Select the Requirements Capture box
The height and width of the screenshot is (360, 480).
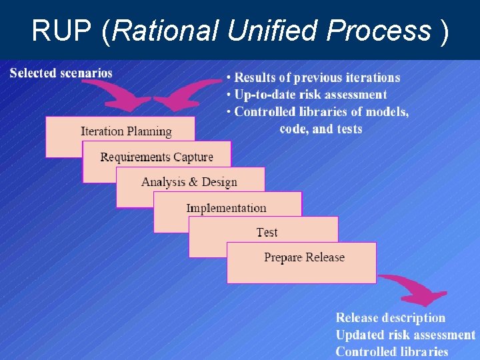pyautogui.click(x=157, y=157)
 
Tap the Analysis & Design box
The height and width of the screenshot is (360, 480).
pyautogui.click(x=189, y=181)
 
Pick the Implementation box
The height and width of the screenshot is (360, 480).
pyautogui.click(x=227, y=207)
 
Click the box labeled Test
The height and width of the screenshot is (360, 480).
pyautogui.click(x=267, y=232)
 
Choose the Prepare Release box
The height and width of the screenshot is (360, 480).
pyautogui.click(x=304, y=257)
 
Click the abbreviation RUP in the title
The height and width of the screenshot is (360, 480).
pyautogui.click(x=64, y=30)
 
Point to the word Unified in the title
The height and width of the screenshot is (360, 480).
pyautogui.click(x=275, y=30)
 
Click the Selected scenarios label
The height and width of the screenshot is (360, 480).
pyautogui.click(x=61, y=73)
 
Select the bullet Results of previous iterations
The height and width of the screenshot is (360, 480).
pyautogui.click(x=313, y=78)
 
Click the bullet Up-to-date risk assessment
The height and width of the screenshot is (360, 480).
pyautogui.click(x=307, y=95)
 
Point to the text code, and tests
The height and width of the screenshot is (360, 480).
pyautogui.click(x=321, y=129)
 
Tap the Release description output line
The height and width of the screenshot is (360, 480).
pyautogui.click(x=390, y=318)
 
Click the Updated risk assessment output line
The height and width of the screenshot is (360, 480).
pyautogui.click(x=405, y=335)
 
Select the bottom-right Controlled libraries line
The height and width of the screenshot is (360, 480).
pyautogui.click(x=392, y=351)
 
